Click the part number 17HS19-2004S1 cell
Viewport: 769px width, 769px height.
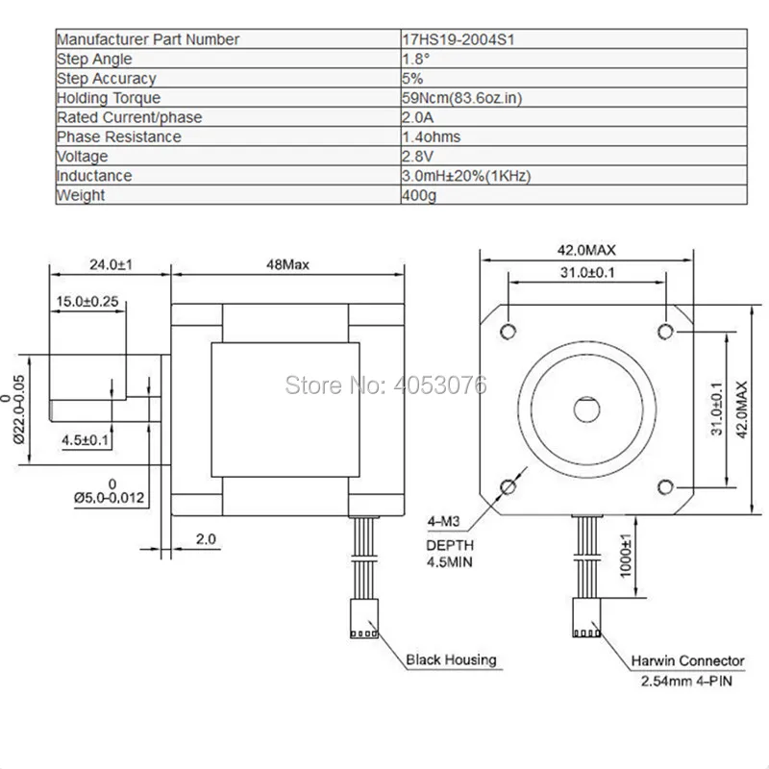pyautogui.click(x=452, y=39)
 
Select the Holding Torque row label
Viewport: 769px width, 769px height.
pyautogui.click(x=109, y=98)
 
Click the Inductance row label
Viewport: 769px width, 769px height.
pyautogui.click(x=94, y=176)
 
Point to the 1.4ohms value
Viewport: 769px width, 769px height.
pyautogui.click(x=431, y=136)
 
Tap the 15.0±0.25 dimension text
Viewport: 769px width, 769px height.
pyautogui.click(x=87, y=301)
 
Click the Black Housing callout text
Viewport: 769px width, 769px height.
pyautogui.click(x=451, y=659)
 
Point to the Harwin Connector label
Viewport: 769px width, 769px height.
pyautogui.click(x=687, y=660)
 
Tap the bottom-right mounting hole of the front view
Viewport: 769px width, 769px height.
pyautogui.click(x=667, y=484)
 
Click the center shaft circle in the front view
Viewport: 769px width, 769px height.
pyautogui.click(x=586, y=408)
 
